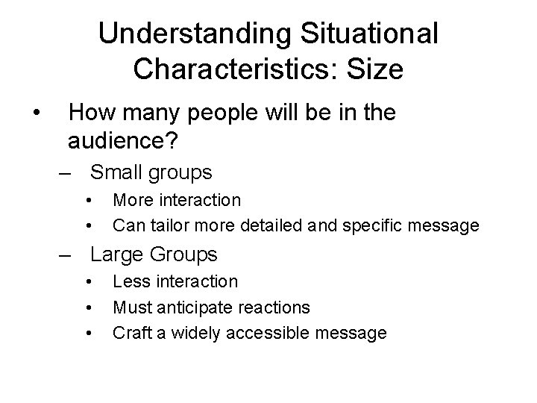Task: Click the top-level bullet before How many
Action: coord(35,113)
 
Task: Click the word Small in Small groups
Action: coord(117,173)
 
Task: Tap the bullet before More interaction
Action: coord(88,200)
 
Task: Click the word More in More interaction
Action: coord(134,200)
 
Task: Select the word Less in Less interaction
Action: coord(132,281)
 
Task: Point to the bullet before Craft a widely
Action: coord(88,332)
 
